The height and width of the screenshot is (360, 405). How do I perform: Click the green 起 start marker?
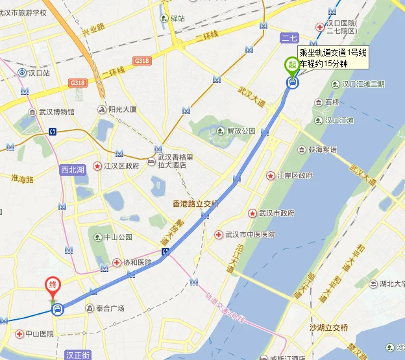(292, 66)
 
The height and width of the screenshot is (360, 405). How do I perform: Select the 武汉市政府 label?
(276, 213)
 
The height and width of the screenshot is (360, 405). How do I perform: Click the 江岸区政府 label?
(295, 176)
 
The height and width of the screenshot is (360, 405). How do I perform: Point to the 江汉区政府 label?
(121, 166)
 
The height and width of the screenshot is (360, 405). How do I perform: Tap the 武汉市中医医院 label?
(249, 234)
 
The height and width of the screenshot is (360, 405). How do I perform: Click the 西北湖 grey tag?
(72, 171)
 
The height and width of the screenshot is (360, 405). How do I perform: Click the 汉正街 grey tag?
(78, 355)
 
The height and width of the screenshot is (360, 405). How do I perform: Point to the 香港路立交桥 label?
(195, 204)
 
